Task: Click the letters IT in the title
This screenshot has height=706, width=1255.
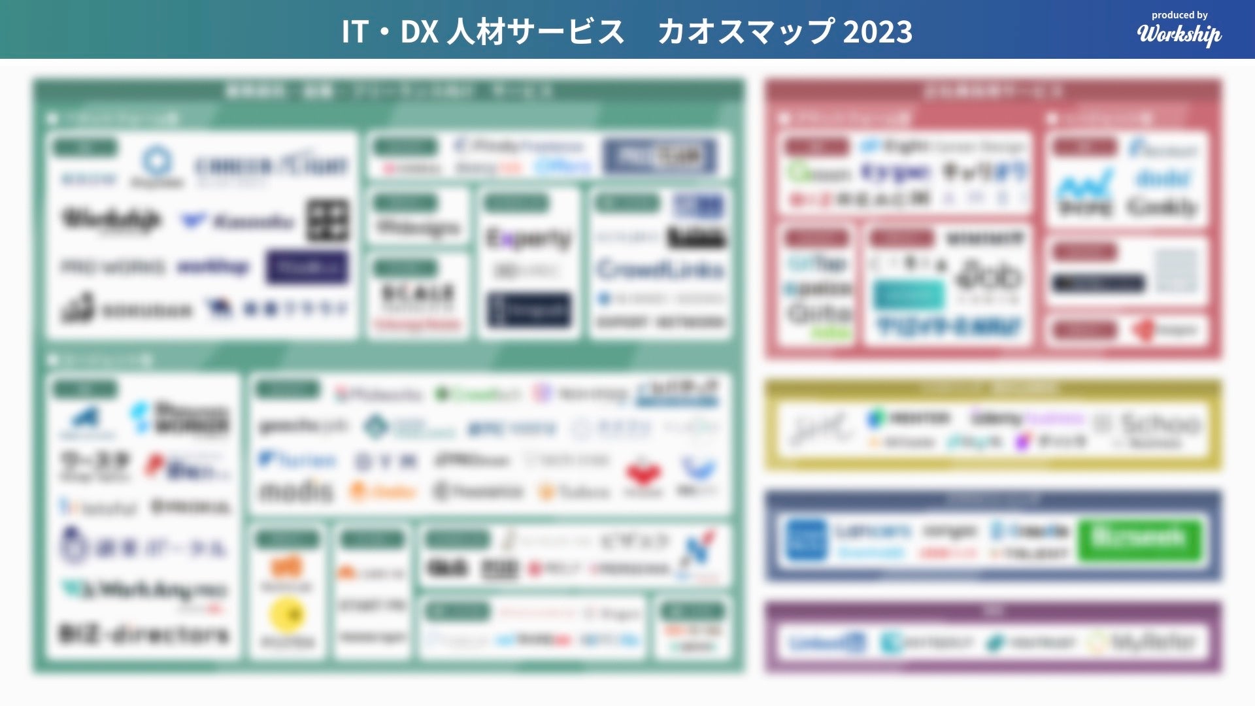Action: coord(355,31)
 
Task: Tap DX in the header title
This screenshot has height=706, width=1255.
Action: coord(418,31)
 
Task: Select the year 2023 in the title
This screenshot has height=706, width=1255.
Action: coord(877,31)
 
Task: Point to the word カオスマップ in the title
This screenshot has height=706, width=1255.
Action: coord(745,31)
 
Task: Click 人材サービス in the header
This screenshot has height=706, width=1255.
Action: coord(535,31)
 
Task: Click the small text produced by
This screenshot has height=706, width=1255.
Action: coord(1179,15)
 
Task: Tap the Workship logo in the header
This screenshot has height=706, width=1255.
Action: coord(1179,34)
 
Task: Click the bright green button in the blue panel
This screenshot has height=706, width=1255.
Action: coord(1139,539)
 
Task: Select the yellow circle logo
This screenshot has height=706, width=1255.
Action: coord(287,614)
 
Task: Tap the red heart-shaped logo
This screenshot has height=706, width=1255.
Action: coord(643,474)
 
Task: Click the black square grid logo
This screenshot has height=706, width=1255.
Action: coord(327,220)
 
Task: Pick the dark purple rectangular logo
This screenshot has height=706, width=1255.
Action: coord(307,267)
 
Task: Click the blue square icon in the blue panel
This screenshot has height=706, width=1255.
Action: coord(806,540)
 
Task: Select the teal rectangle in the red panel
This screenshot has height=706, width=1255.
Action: coord(909,295)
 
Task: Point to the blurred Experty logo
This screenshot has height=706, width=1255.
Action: coord(528,239)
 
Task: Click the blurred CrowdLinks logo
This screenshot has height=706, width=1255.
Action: coord(660,269)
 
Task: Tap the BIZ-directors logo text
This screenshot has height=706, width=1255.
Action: coord(144,634)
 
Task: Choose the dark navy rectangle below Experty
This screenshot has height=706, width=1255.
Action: coord(529,310)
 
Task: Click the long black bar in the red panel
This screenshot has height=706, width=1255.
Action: coord(1098,283)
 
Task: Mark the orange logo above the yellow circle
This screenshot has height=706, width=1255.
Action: coord(286,566)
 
